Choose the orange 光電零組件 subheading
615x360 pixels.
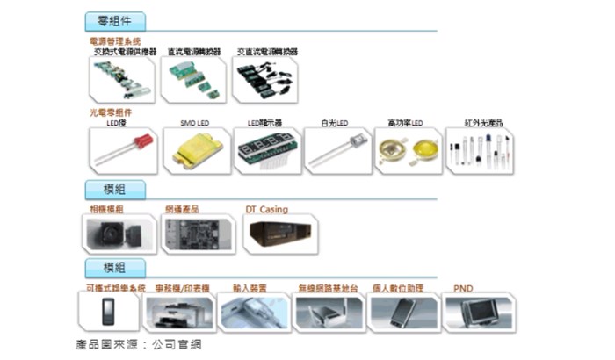pyautogui.click(x=111, y=113)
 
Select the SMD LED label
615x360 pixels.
pyautogui.click(x=194, y=124)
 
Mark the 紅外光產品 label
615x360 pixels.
pyautogui.click(x=478, y=124)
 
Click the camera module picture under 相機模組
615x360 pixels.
pyautogui.click(x=120, y=234)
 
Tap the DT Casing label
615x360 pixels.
pyautogui.click(x=266, y=210)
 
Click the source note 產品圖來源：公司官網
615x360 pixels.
pyautogui.click(x=144, y=346)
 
